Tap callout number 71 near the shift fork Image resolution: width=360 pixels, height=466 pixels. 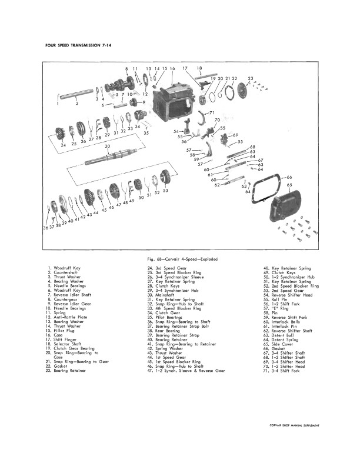coord(212,112)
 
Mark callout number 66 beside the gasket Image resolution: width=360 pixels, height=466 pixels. coord(289,177)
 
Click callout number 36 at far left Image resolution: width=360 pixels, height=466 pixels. coord(46,227)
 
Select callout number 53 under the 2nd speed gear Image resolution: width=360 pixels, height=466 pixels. coord(165,190)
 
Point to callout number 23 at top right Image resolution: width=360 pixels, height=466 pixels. coord(251,78)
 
